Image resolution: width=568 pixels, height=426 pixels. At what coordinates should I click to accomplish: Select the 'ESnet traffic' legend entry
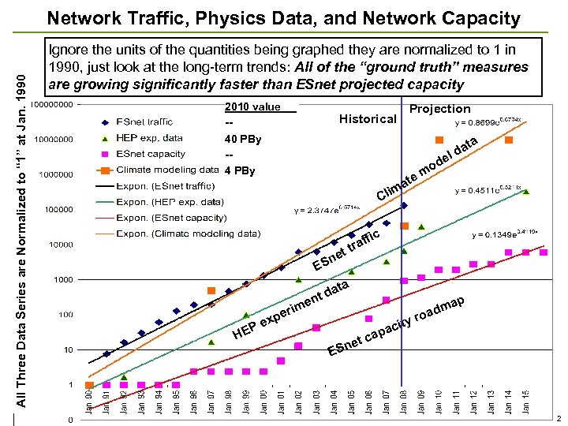(x=144, y=121)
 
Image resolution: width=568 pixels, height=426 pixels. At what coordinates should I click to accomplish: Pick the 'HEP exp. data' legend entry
(x=149, y=138)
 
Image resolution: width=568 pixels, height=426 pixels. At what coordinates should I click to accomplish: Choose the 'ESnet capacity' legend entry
(x=150, y=154)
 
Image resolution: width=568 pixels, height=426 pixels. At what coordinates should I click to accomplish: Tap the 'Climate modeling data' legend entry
(x=167, y=169)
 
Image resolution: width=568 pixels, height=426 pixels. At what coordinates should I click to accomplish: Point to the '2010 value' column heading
(x=252, y=107)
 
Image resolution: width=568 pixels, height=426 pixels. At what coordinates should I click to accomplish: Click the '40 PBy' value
(x=243, y=140)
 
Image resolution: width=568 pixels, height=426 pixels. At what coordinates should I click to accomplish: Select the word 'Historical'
(x=367, y=119)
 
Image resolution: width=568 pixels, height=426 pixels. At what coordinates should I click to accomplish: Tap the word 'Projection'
(x=440, y=109)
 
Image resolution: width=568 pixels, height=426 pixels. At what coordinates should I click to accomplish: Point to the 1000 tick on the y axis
(x=65, y=279)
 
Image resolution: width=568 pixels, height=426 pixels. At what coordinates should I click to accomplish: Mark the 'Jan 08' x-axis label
(x=403, y=403)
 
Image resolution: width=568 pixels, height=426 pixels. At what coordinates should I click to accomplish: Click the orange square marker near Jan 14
(x=509, y=140)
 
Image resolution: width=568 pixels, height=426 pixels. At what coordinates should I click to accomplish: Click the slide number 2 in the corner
(x=559, y=418)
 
